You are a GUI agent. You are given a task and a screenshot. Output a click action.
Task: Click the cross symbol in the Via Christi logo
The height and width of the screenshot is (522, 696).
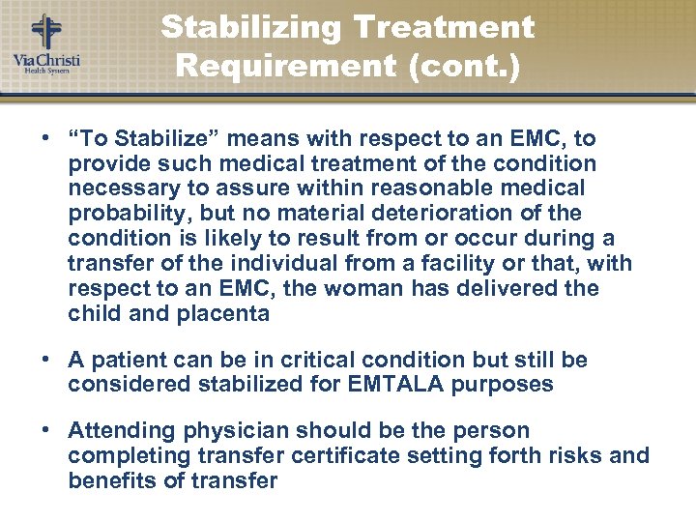coord(45,29)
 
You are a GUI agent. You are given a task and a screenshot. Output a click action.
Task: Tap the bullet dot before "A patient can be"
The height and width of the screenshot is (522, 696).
coord(45,360)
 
